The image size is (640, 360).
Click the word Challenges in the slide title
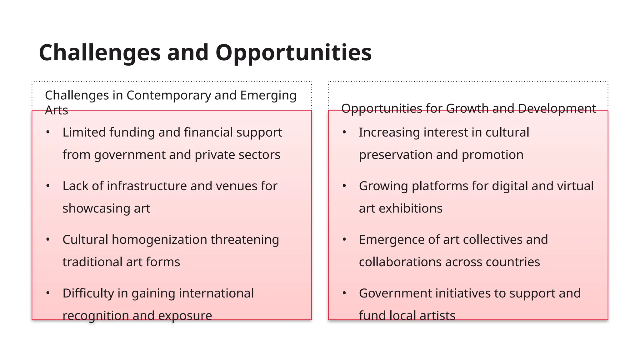tap(100, 52)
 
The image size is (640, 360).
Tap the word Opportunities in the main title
tap(293, 52)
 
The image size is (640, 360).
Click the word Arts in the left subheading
tap(57, 110)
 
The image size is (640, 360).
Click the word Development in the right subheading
tap(557, 108)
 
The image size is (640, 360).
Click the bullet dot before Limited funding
tap(48, 132)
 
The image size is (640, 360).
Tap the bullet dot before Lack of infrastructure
tap(48, 186)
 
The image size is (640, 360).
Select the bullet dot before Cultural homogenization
tap(48, 240)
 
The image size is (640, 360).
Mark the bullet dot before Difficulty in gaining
tap(48, 293)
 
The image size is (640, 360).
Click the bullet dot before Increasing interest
tap(344, 132)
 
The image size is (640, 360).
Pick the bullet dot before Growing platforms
tap(344, 186)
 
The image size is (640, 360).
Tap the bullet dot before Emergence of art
tap(344, 240)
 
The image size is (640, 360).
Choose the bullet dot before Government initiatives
tap(344, 293)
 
